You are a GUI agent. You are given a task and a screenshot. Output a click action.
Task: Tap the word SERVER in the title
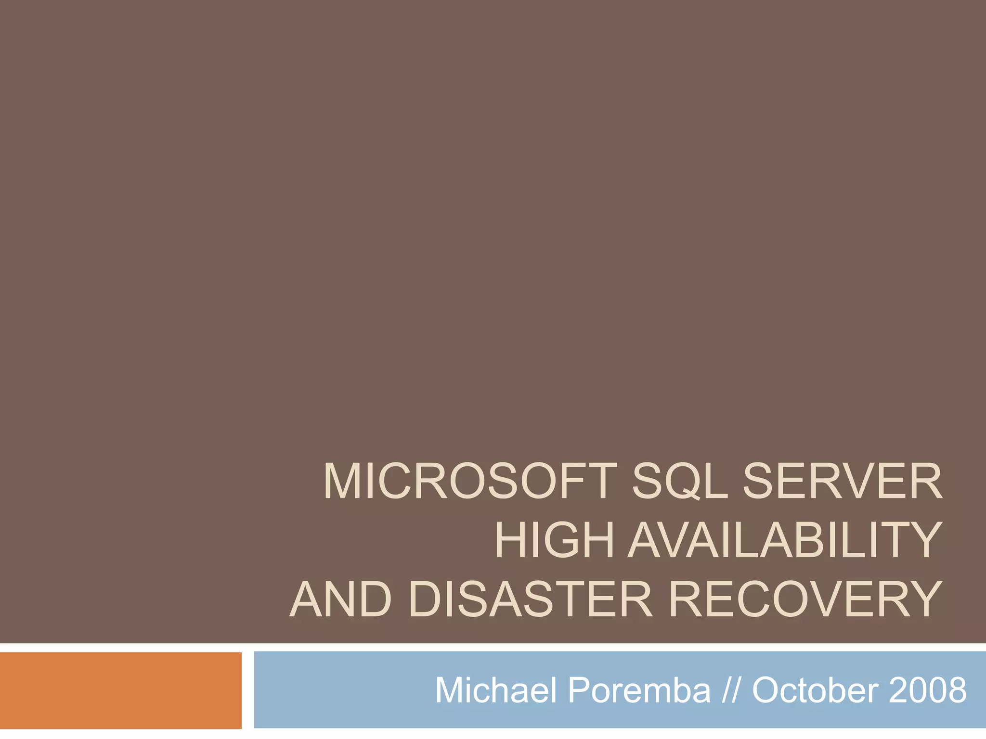click(842, 482)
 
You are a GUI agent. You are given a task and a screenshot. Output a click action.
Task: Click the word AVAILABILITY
click(784, 540)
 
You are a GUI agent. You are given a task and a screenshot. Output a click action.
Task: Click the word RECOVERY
click(805, 599)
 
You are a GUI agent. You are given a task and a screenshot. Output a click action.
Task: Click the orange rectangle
click(120, 690)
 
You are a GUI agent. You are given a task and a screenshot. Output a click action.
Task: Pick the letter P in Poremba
click(579, 690)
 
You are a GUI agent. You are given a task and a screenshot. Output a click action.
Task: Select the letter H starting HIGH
click(512, 540)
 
